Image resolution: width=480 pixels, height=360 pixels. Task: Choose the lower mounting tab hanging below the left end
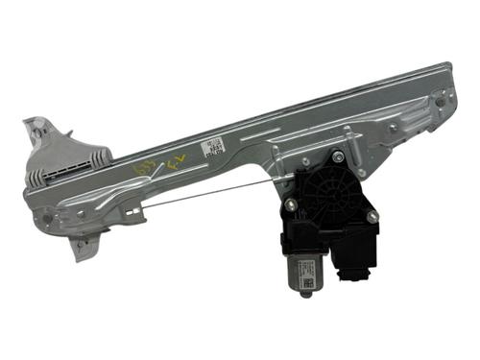tap(84, 249)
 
